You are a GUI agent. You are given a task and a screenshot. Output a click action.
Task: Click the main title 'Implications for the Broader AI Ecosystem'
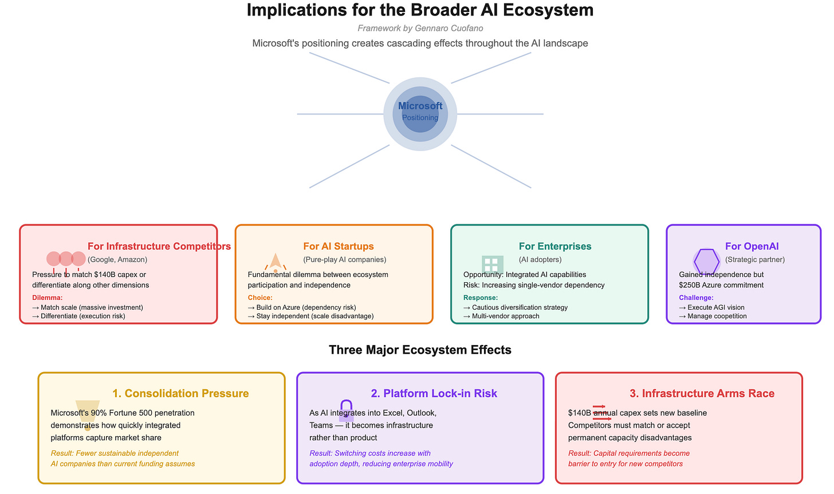click(x=420, y=10)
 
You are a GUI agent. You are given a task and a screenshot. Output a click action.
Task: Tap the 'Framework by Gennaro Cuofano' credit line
click(x=420, y=28)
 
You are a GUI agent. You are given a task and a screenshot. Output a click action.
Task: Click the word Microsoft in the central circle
click(x=420, y=106)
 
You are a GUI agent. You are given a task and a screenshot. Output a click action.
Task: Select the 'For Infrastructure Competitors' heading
click(x=159, y=246)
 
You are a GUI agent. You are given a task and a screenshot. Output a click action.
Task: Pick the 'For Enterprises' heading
click(x=555, y=246)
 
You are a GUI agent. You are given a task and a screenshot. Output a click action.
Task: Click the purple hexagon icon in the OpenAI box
click(x=706, y=262)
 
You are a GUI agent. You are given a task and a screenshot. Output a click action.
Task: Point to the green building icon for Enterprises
click(x=492, y=264)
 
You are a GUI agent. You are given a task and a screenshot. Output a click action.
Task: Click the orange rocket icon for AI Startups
click(x=276, y=262)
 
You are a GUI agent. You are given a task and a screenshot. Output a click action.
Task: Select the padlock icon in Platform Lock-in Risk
click(x=346, y=411)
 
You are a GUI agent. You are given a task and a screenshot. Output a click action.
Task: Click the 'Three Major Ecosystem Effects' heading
click(x=420, y=350)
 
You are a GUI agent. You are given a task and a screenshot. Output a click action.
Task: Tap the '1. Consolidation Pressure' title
click(x=180, y=393)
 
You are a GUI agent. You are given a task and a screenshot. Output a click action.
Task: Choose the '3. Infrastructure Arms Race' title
click(x=702, y=393)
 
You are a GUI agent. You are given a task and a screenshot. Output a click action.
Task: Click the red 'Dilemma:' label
click(x=48, y=298)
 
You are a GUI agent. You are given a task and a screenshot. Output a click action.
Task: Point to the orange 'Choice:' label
click(x=260, y=298)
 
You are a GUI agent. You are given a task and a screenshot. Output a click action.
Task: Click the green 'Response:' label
click(x=481, y=298)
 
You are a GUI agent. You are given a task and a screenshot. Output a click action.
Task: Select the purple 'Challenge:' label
click(x=696, y=298)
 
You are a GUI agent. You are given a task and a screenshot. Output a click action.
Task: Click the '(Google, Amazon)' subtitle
click(x=117, y=259)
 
